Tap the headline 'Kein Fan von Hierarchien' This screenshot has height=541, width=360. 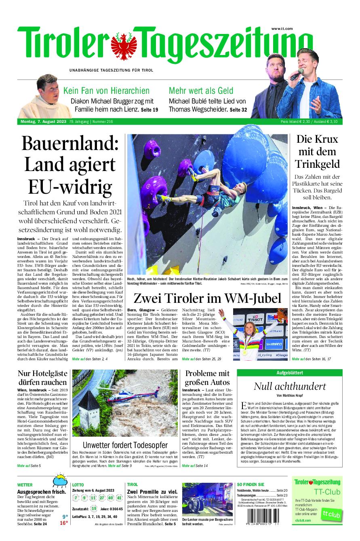coord(106,91)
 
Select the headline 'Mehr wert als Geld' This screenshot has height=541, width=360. coord(201,91)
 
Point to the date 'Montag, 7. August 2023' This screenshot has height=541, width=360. coord(43,122)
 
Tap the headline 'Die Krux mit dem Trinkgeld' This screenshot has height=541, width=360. coord(317,152)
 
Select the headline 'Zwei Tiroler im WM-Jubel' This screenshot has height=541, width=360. coord(207,298)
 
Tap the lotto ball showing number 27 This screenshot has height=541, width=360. coord(101,497)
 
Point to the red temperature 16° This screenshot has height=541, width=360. coord(63,523)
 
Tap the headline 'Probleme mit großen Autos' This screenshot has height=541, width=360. coord(207,378)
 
